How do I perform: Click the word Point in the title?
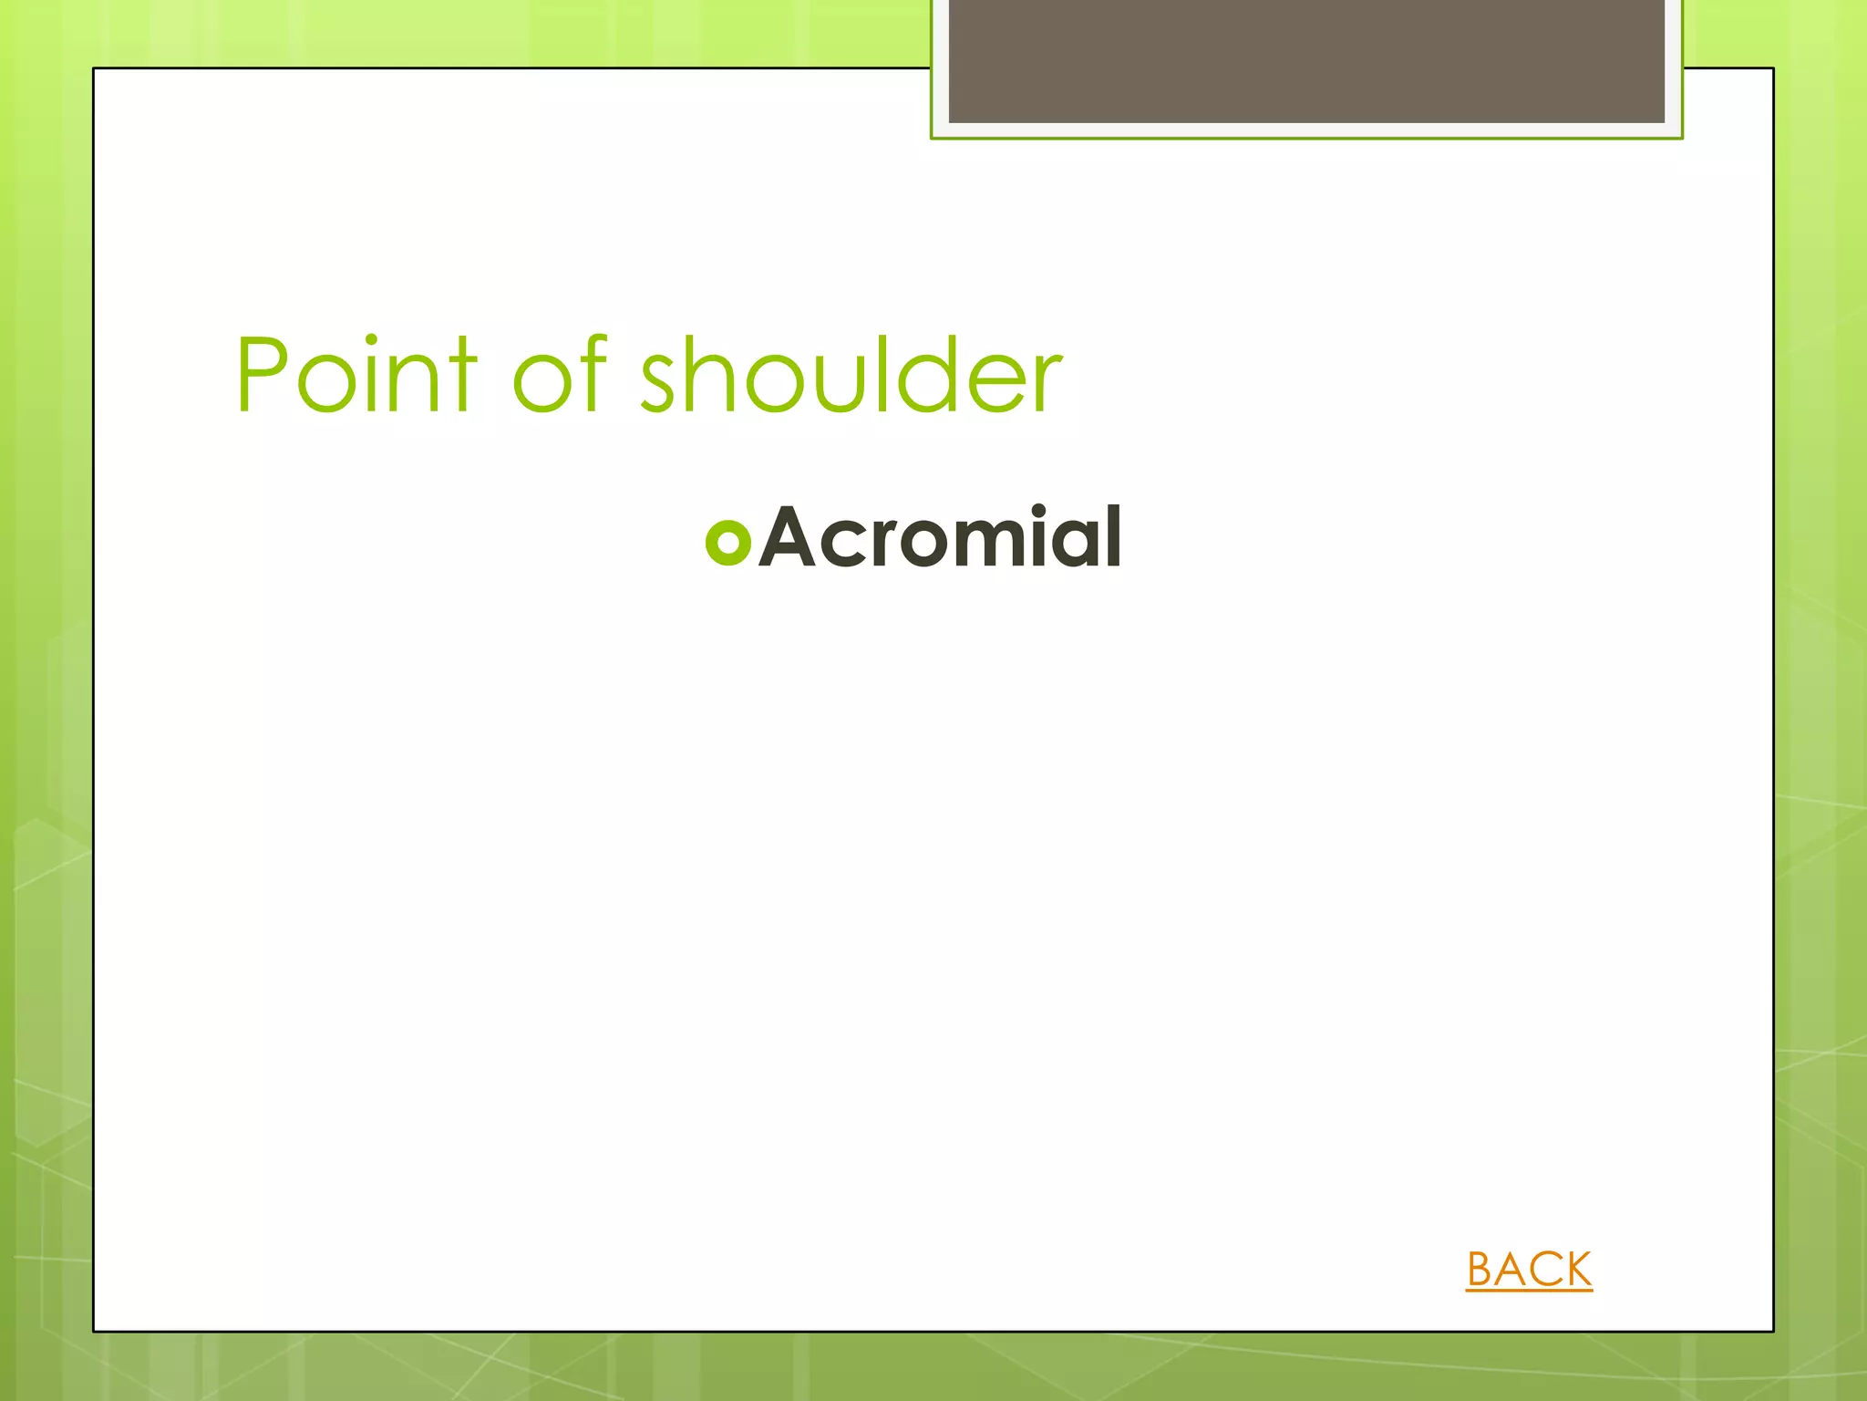[x=356, y=375]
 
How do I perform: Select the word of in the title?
[x=559, y=375]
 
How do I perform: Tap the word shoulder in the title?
[x=851, y=375]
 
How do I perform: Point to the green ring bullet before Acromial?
[x=727, y=542]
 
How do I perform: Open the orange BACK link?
[x=1529, y=1269]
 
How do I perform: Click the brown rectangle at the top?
[x=1305, y=60]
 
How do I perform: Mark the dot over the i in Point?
[x=371, y=340]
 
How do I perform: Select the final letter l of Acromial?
[x=1112, y=536]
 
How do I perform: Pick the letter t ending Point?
[x=461, y=376]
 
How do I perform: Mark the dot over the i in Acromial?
[x=1038, y=510]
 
